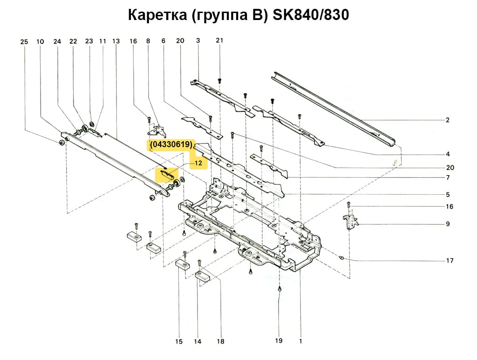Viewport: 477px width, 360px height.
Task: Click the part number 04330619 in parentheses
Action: click(x=171, y=146)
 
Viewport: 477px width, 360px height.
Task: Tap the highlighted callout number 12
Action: click(x=198, y=163)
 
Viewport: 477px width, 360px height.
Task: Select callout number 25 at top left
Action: click(x=24, y=42)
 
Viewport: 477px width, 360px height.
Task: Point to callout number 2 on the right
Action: click(x=447, y=120)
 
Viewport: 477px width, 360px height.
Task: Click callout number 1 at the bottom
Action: click(x=300, y=341)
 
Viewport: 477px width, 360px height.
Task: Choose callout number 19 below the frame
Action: click(x=279, y=341)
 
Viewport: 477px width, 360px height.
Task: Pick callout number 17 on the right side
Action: click(x=450, y=261)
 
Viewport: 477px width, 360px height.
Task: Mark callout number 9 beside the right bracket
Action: click(x=447, y=224)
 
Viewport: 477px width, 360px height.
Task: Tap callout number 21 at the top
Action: click(x=219, y=41)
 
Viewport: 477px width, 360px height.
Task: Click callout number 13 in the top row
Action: click(x=116, y=41)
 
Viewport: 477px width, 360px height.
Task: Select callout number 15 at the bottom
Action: click(x=179, y=342)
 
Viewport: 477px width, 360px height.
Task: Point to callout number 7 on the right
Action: click(x=447, y=177)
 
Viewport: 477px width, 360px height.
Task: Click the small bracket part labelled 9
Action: click(x=349, y=221)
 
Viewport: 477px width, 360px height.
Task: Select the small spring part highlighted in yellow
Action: click(x=166, y=174)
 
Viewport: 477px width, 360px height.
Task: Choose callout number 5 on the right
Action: click(x=447, y=194)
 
